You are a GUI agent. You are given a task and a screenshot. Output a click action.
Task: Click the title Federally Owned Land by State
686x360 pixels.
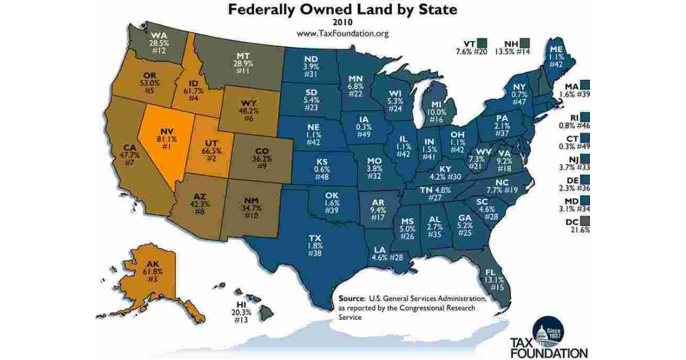pyautogui.click(x=342, y=10)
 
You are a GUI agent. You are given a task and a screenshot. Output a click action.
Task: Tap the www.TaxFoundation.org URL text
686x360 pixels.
pyautogui.click(x=342, y=33)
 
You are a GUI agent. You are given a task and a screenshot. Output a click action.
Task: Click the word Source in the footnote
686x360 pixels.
pyautogui.click(x=351, y=298)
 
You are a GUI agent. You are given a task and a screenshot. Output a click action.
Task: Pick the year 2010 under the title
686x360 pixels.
pyautogui.click(x=342, y=22)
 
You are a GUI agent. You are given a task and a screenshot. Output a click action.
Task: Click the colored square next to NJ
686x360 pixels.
pyautogui.click(x=585, y=159)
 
